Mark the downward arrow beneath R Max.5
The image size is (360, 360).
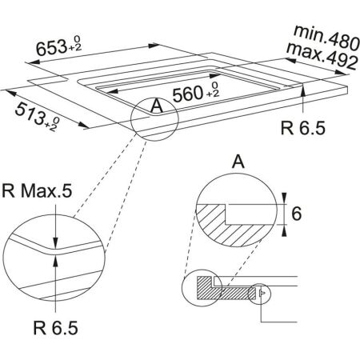tap(54, 239)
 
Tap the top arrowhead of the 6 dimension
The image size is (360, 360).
tap(286, 196)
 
